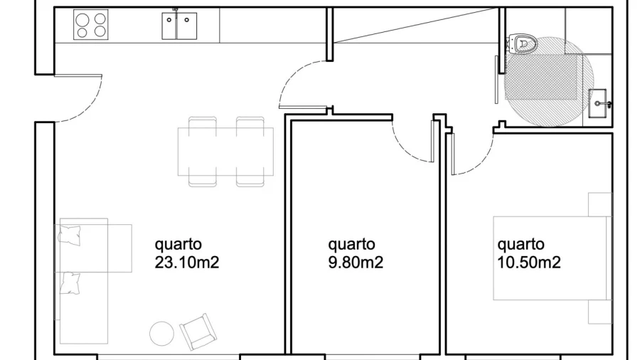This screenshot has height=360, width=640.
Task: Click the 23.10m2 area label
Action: tap(187, 263)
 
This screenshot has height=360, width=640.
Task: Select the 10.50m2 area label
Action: tap(529, 263)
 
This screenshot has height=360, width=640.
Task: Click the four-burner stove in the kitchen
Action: tap(91, 24)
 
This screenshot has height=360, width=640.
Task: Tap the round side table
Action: tap(162, 334)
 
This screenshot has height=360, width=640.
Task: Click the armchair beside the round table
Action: tap(196, 330)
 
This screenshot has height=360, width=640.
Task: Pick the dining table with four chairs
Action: tap(225, 152)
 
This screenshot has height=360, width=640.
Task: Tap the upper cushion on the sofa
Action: tap(71, 234)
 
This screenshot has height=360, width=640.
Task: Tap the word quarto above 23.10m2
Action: tap(178, 245)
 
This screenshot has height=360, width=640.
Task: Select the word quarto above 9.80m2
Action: tap(351, 245)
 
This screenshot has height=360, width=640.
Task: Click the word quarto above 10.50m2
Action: tap(521, 245)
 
